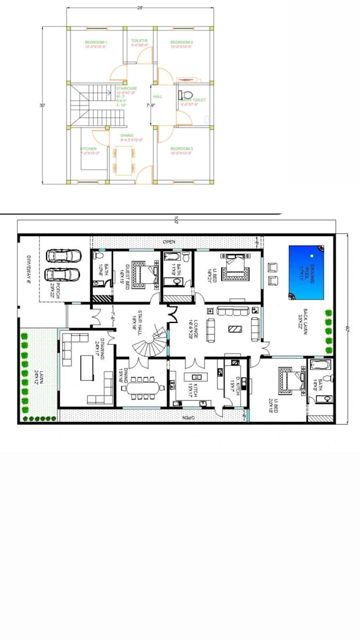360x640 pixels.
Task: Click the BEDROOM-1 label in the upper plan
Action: pos(96,42)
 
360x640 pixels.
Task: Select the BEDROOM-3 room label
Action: pos(182,149)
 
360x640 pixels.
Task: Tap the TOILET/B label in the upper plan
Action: pos(140,41)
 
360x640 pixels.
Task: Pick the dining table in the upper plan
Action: pos(125,160)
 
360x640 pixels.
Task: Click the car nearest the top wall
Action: pos(64,256)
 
